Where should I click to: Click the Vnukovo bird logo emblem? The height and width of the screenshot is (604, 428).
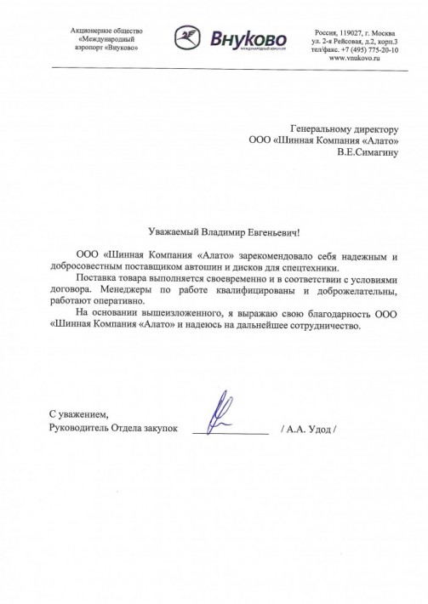189,38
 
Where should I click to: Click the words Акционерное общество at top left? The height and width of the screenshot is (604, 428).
106,30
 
